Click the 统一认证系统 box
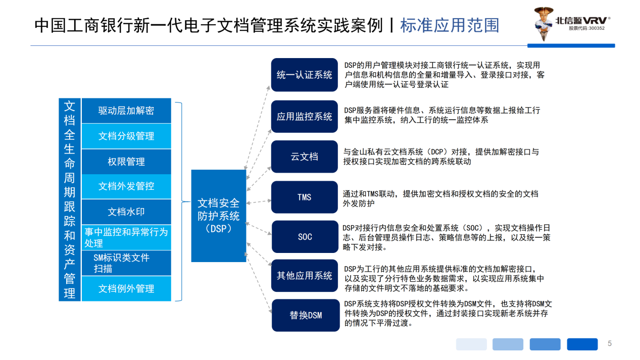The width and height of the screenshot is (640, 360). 304,75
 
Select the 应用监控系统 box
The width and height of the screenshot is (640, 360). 304,117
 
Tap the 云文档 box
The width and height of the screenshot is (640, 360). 304,157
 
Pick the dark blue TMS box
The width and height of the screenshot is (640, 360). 304,197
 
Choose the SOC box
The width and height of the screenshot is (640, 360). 305,236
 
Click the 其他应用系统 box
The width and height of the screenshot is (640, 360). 304,276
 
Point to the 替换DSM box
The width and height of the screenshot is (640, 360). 306,315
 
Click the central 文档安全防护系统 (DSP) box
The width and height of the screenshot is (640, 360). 218,216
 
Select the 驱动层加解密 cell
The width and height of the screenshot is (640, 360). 126,111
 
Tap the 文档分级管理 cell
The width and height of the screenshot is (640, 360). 126,136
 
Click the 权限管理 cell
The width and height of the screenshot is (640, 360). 126,162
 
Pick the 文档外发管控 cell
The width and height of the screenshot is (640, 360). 126,186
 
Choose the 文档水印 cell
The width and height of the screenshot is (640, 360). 126,212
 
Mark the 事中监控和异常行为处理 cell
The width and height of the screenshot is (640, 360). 126,237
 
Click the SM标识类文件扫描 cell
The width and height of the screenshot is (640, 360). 126,263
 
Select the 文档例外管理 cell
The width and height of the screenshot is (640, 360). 126,288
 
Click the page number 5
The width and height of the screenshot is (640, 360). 610,344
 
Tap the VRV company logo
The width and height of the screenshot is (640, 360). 573,24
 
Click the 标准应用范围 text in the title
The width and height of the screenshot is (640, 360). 449,25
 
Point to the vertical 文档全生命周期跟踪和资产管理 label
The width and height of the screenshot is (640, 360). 70,199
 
